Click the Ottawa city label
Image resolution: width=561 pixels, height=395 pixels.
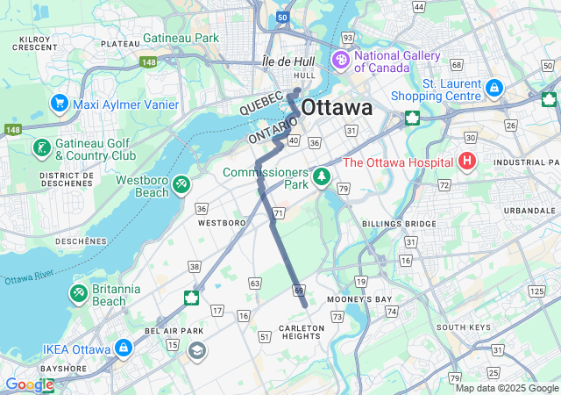coord(336,108)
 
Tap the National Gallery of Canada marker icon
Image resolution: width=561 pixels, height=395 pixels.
coord(339,61)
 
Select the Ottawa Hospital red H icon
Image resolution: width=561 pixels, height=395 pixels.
coord(467,162)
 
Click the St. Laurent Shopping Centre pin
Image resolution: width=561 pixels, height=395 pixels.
coord(494,89)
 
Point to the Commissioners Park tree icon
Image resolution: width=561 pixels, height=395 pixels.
coord(323,178)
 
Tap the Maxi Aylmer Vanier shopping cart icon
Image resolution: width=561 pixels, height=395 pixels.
coord(60,104)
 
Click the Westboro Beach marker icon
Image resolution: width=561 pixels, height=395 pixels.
coord(181,185)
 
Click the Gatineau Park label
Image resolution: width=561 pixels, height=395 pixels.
coord(181,39)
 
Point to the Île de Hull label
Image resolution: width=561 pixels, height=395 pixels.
coord(288,62)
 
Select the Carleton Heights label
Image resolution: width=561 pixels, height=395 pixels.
coord(302,332)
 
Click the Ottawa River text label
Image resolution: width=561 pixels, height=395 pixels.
coord(30,277)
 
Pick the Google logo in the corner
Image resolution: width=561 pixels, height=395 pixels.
coord(29,384)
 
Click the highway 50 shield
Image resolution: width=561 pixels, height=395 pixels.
coord(280,17)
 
